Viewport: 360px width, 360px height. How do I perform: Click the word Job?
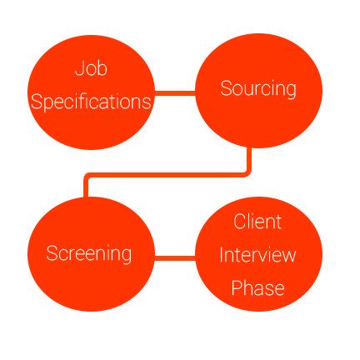coord(91,68)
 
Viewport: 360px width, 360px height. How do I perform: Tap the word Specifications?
coord(91,102)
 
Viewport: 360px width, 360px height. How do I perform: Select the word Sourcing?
coord(258,89)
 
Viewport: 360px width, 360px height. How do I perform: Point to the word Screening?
coord(89,254)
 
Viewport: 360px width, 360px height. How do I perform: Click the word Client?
coord(257,222)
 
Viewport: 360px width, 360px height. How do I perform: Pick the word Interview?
coord(257,255)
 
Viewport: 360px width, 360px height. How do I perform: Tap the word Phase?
coord(257,287)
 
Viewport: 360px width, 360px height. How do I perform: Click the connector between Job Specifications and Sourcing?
coord(175,93)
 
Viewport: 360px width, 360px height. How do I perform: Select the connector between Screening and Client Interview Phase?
coord(175,258)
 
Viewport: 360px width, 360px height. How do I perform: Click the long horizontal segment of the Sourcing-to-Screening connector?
coord(167,175)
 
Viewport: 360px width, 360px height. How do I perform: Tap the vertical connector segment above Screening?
coord(86,188)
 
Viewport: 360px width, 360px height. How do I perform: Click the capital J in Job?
coord(79,68)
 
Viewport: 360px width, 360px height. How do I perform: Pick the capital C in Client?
coord(240,222)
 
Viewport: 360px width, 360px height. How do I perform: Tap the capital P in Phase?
coord(237,287)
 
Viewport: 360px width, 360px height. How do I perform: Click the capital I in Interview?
coord(222,255)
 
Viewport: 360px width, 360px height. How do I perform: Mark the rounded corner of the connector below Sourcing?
coord(247,172)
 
